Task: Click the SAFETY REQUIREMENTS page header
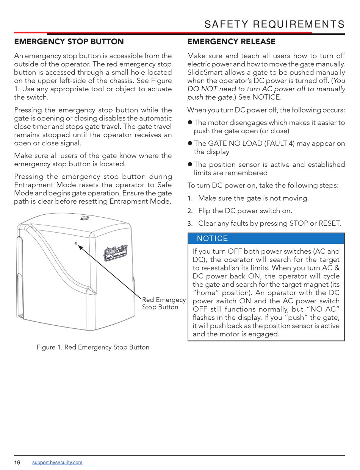(274, 25)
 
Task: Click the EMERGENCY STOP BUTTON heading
(69, 42)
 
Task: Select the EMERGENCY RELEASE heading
(231, 42)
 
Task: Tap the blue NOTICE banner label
(212, 239)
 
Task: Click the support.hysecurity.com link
(57, 462)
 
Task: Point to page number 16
(17, 462)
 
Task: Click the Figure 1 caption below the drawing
(93, 347)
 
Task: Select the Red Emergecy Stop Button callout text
(164, 303)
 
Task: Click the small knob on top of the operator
(84, 218)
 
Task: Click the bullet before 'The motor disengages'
(190, 123)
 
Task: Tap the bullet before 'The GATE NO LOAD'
(190, 144)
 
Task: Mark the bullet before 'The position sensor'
(190, 164)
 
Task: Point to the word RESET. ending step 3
(330, 223)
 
